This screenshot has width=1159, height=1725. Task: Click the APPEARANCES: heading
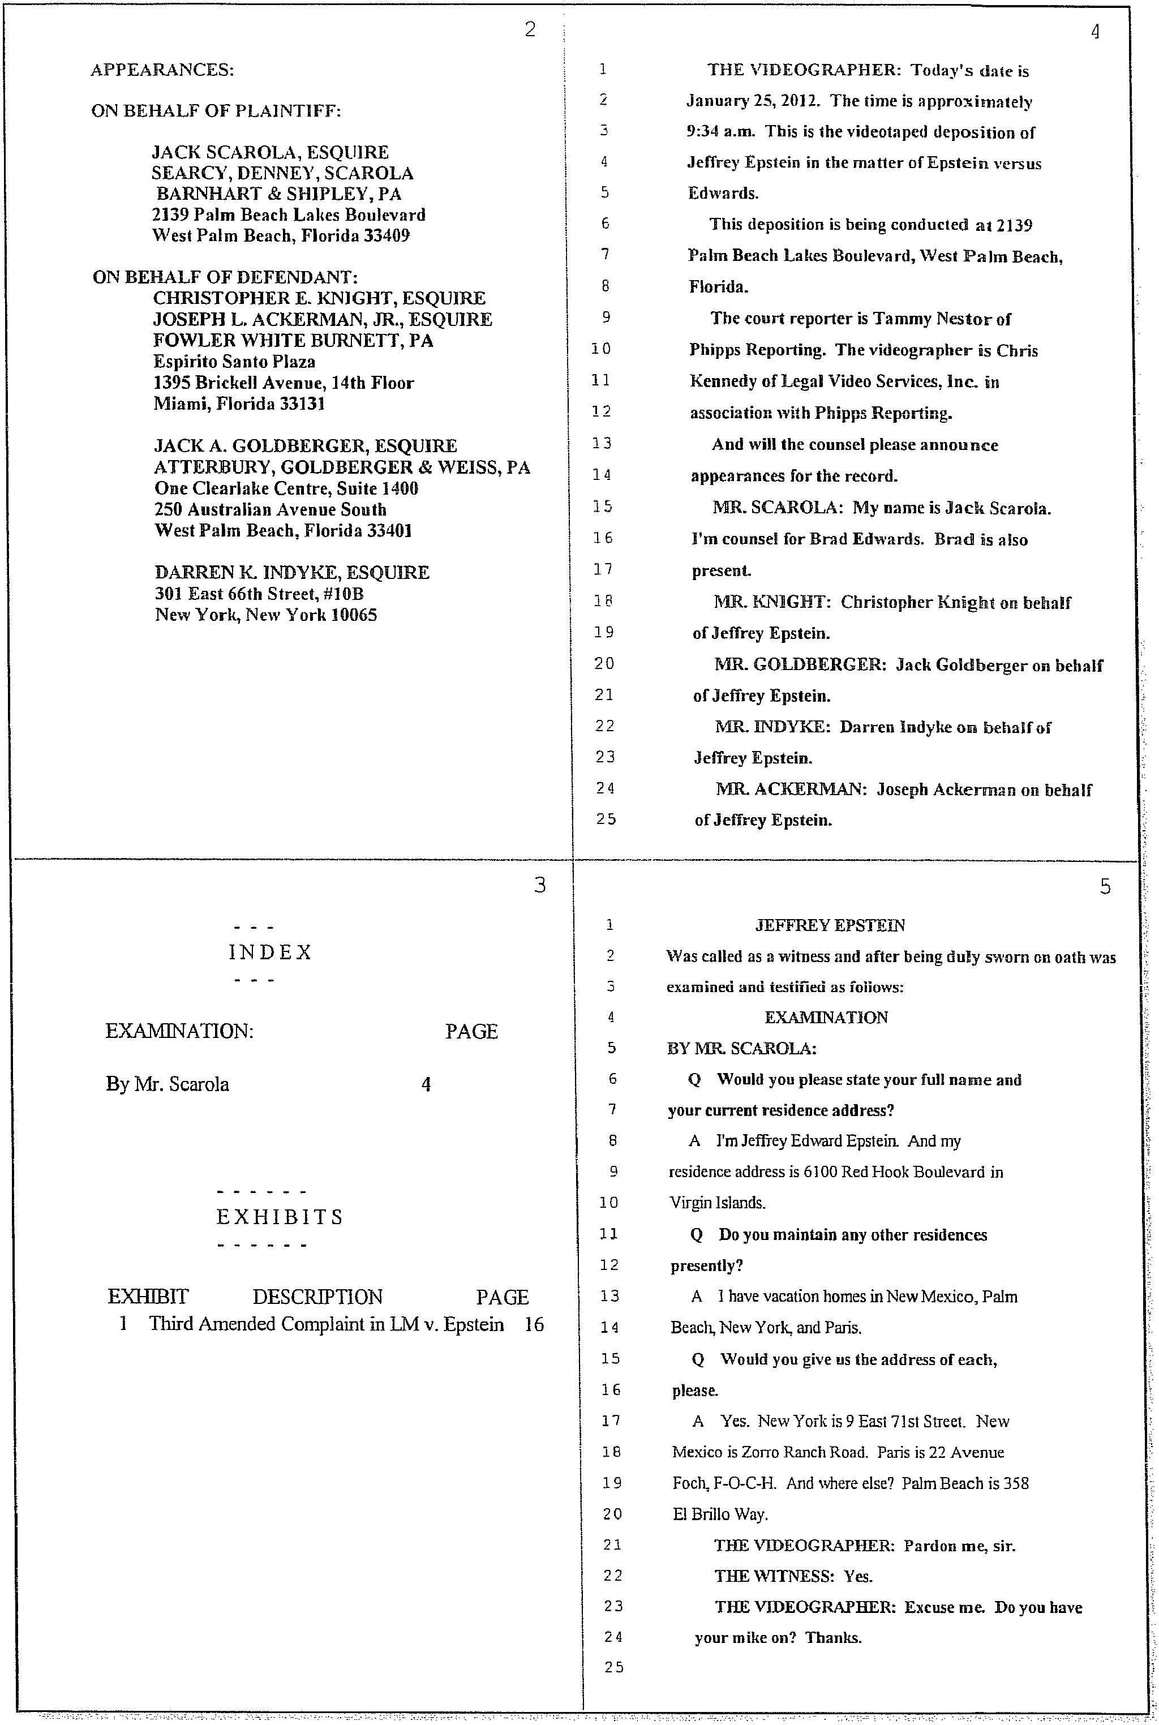click(162, 70)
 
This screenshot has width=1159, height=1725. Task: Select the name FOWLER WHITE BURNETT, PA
click(294, 341)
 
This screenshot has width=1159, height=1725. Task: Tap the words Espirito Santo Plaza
click(234, 362)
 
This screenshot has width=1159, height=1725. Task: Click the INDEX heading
click(270, 952)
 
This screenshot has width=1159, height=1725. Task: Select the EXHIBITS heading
click(280, 1217)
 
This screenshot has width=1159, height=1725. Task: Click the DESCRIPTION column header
click(318, 1297)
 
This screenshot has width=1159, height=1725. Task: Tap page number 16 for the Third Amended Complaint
click(534, 1324)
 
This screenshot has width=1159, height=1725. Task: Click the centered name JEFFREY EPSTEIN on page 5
click(830, 925)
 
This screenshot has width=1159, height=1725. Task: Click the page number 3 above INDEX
click(539, 885)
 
